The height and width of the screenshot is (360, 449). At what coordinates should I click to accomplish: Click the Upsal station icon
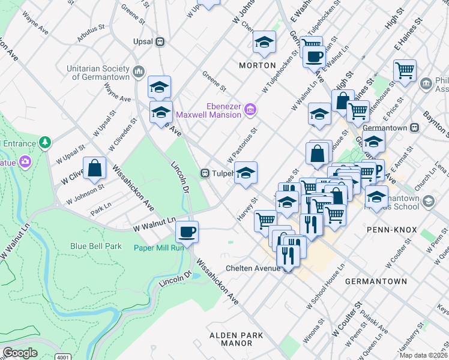click(160, 42)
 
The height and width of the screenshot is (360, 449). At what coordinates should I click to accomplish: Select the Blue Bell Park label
click(96, 246)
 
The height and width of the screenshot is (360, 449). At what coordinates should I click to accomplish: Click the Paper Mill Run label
click(159, 247)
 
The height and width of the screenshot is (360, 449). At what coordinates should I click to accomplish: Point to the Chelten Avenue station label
click(253, 268)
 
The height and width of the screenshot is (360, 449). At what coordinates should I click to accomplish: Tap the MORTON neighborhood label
click(257, 65)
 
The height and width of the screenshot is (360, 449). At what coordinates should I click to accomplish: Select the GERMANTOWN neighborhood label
click(376, 281)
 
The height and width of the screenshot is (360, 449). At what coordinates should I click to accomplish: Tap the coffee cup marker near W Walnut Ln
click(187, 232)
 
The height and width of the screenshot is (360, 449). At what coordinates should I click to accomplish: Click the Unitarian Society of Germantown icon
click(139, 73)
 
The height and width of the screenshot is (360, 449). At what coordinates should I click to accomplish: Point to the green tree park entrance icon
click(44, 142)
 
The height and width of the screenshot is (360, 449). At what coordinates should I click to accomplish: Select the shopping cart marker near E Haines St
click(405, 70)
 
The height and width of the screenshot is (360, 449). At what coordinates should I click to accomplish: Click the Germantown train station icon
click(414, 128)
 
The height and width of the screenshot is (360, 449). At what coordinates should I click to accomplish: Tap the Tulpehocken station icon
click(205, 173)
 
